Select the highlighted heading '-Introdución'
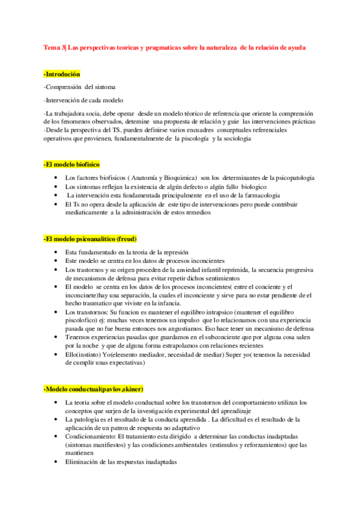coord(62,74)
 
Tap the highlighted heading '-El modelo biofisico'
coord(72,164)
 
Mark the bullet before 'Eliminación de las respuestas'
coord(56,462)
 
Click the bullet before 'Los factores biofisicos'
coord(56,178)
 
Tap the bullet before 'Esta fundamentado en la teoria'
coord(56,252)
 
